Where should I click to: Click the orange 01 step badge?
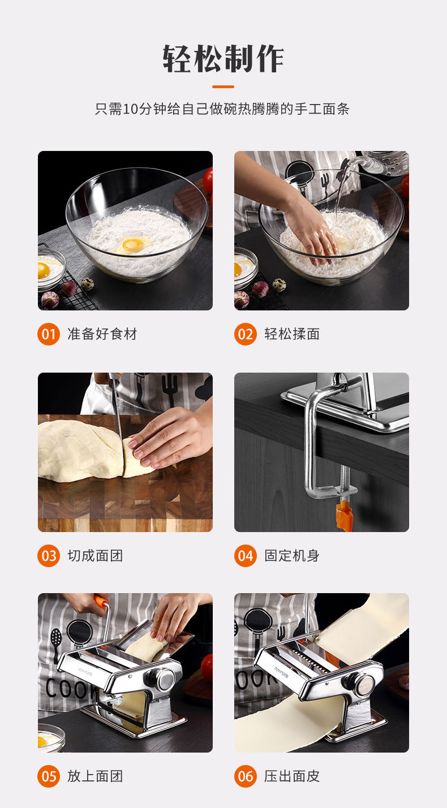point(49,334)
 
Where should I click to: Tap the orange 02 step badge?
point(245,334)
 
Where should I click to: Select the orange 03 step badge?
point(49,555)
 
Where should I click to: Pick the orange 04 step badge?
point(245,555)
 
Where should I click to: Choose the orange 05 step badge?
point(49,776)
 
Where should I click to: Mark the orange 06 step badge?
point(245,776)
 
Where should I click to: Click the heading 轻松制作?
point(223,59)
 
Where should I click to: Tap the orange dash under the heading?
point(223,87)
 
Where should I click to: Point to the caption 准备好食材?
point(102,334)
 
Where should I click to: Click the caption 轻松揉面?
point(292,334)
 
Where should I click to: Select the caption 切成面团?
point(95,555)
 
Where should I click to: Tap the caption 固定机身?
point(292,555)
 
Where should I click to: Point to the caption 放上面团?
point(95,776)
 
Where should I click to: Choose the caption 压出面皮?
point(292,776)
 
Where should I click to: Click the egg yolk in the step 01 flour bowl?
point(131,245)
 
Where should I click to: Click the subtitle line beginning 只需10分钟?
point(222,109)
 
